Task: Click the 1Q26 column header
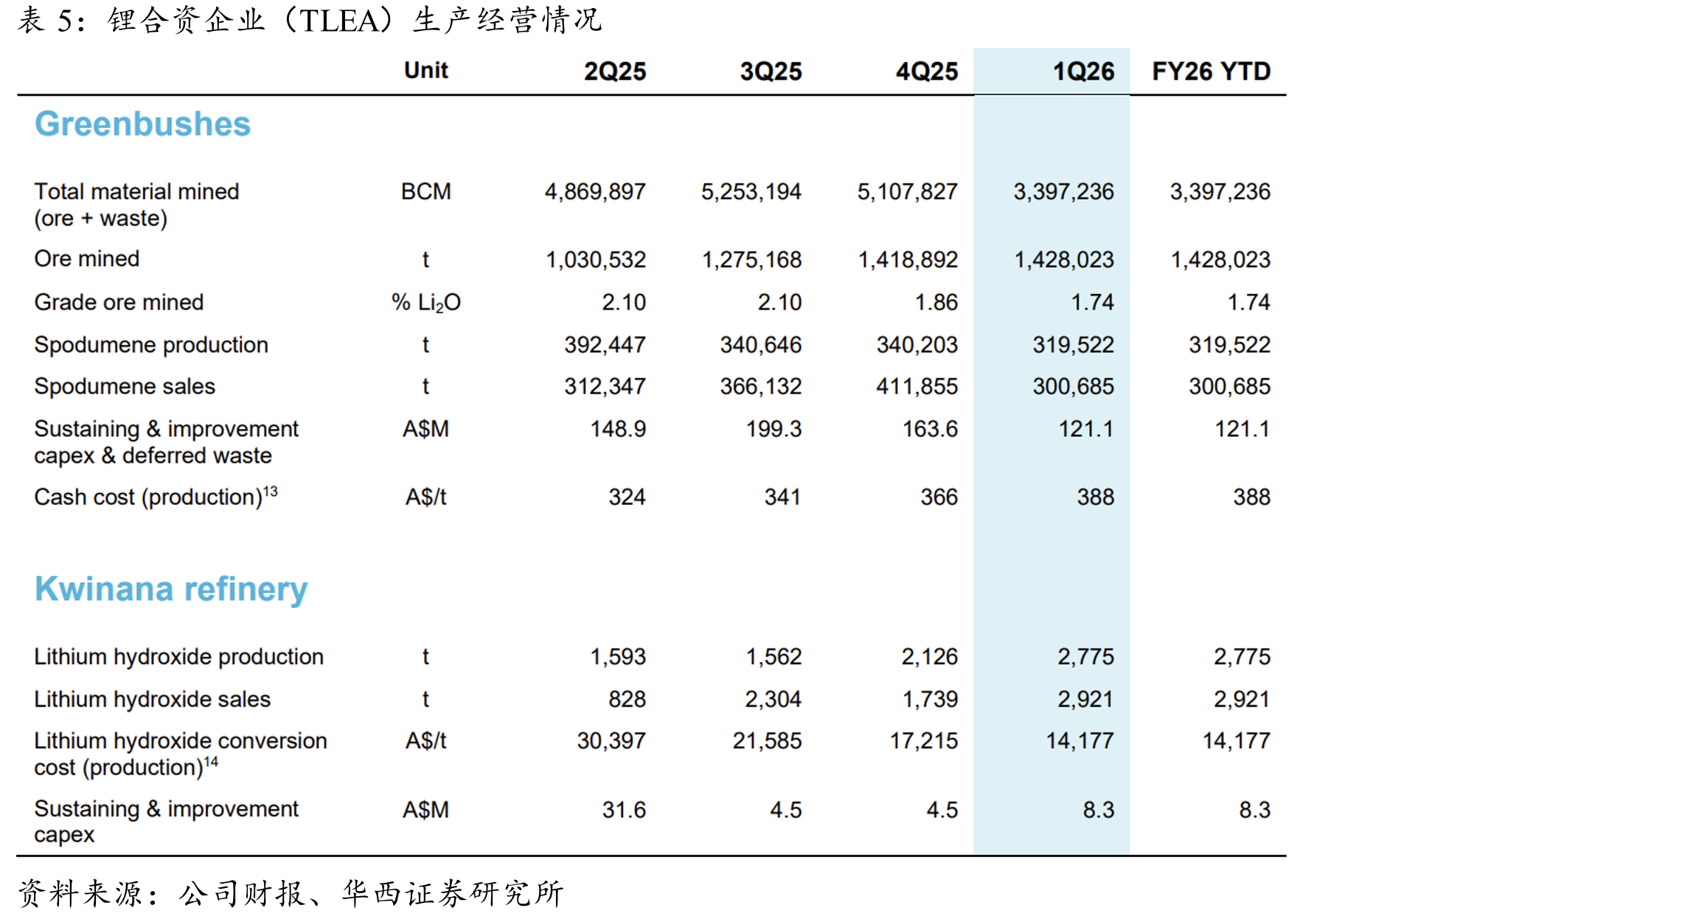tap(1083, 71)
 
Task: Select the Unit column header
tap(425, 70)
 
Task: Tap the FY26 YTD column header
tap(1211, 71)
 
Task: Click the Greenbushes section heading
tap(142, 124)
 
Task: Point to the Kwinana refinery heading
tap(171, 590)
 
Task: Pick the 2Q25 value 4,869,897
tap(595, 192)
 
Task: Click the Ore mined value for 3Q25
tap(751, 259)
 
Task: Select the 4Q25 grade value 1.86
tap(936, 302)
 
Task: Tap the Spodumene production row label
tap(151, 345)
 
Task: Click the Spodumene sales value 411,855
tap(917, 386)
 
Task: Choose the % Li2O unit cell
tap(425, 303)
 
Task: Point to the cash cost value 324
tap(627, 497)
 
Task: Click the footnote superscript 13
tap(271, 491)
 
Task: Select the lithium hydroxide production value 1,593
tap(618, 657)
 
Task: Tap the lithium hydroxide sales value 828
tap(627, 699)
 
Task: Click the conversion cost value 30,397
tap(611, 741)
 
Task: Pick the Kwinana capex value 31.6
tap(624, 810)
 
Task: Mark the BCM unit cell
tap(425, 192)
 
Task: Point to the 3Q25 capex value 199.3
tap(773, 429)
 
